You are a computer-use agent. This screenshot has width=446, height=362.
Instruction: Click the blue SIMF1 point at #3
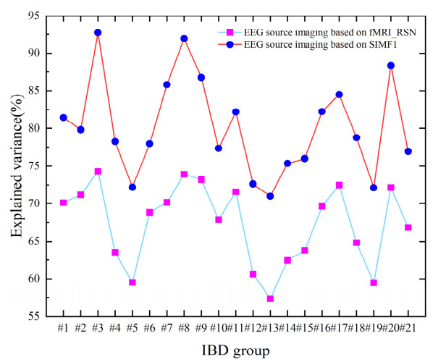click(98, 33)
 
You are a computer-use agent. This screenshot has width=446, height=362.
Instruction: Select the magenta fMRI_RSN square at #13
click(270, 298)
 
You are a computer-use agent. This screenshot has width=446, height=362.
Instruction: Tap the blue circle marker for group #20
click(391, 65)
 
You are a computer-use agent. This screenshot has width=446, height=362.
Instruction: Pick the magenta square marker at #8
click(184, 174)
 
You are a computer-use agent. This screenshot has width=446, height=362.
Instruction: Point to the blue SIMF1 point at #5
click(132, 187)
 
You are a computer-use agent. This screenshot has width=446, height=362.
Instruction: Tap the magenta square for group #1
click(64, 203)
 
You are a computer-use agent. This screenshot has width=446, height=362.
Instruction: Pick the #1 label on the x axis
click(64, 328)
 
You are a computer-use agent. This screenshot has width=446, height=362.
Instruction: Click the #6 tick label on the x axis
click(150, 328)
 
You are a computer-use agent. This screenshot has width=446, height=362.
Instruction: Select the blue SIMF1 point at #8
click(184, 38)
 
